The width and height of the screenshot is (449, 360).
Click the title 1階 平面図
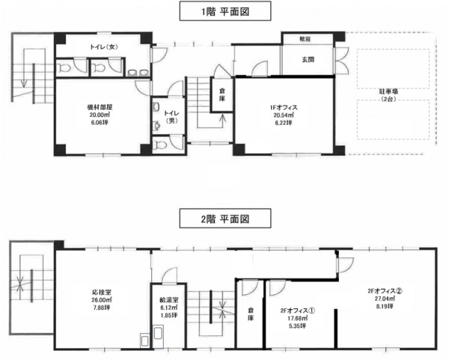pos(225,12)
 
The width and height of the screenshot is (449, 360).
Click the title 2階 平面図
pos(225,219)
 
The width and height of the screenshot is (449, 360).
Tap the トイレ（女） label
pos(104,47)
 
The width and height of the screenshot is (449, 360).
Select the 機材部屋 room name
pos(100,107)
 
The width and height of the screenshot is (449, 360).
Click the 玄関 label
pos(308,60)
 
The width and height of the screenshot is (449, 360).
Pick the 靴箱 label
pos(305,39)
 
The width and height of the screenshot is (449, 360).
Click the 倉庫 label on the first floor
pos(222,95)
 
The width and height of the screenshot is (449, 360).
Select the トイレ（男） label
pos(171,118)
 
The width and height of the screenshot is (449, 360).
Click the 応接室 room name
pos(102,293)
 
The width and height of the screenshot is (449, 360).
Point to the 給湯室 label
pos(169,300)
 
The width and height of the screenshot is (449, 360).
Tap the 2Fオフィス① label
pos(298,311)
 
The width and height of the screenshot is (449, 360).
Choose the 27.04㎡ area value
pos(385,299)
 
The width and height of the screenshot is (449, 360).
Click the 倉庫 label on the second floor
pos(251,314)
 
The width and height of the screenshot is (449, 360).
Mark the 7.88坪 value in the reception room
pos(102,308)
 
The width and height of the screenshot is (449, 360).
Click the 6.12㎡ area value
pos(169,308)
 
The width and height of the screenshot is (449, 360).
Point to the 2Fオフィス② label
pos(385,290)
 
